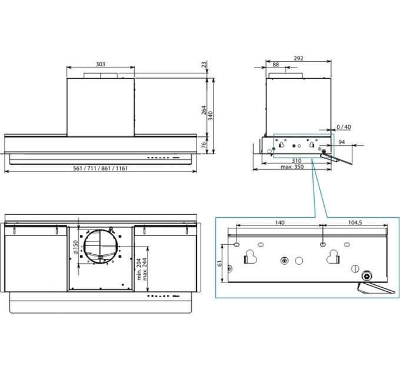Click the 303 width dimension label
(x=100, y=64)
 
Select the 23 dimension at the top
(x=204, y=65)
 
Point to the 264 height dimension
(x=204, y=110)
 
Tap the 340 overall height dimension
(x=211, y=116)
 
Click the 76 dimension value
(x=204, y=145)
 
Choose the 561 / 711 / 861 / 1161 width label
(x=100, y=169)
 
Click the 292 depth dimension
(x=298, y=58)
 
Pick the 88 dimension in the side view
(x=276, y=65)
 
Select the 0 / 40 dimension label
(x=344, y=127)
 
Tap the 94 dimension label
(x=342, y=142)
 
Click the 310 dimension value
(x=296, y=161)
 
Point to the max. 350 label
(x=292, y=167)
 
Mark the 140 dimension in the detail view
(x=279, y=223)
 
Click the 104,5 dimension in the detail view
(x=355, y=223)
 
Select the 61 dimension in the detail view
(x=220, y=263)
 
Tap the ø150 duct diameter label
(x=75, y=247)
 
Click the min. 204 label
(x=139, y=269)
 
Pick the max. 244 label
(x=145, y=269)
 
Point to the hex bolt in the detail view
(x=366, y=276)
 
